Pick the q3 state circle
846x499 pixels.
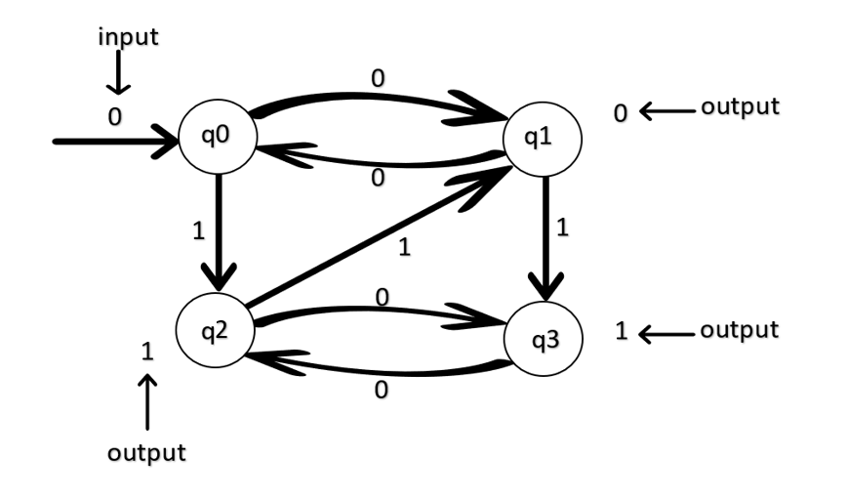point(542,339)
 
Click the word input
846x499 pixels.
point(127,38)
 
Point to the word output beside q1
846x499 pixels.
point(740,106)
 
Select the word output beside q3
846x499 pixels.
point(740,330)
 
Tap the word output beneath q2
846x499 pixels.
point(146,453)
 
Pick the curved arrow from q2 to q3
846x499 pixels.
point(376,312)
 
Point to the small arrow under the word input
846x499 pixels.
point(118,72)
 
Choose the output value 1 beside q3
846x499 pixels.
point(621,331)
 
